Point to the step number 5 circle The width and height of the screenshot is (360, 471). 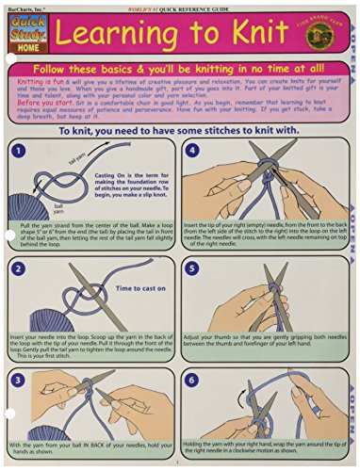(192, 268)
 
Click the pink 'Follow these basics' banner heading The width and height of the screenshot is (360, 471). (179, 70)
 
